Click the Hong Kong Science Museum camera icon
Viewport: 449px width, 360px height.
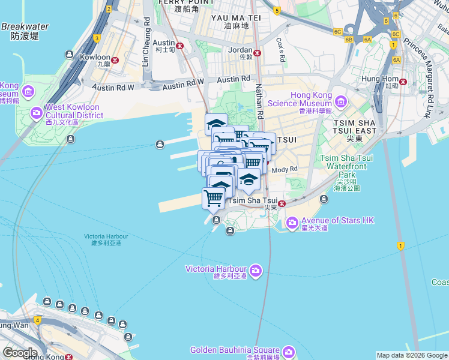[x=341, y=100]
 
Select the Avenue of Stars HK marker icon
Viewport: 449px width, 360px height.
[x=292, y=223]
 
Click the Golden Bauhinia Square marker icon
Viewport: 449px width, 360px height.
[x=289, y=351]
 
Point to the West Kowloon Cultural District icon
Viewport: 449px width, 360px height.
[x=37, y=112]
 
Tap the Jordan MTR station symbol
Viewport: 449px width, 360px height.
[x=258, y=53]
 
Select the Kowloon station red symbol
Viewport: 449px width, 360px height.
[x=115, y=58]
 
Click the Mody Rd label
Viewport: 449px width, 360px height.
[x=285, y=170]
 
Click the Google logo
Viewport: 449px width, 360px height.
[x=19, y=353]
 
